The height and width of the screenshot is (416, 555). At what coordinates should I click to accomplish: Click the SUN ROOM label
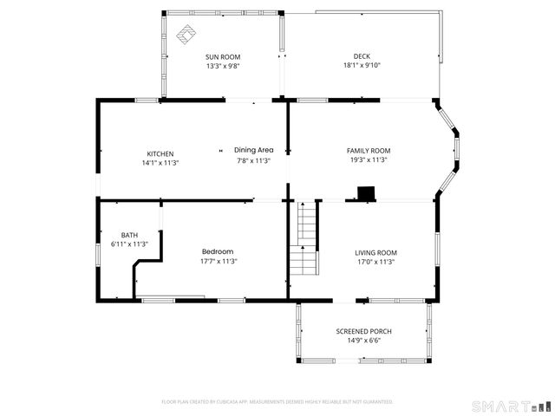(x=223, y=56)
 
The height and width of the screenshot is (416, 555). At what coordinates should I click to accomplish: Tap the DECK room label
(x=362, y=56)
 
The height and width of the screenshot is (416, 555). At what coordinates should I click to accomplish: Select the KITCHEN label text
(x=160, y=153)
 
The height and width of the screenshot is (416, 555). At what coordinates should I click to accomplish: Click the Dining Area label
(x=253, y=150)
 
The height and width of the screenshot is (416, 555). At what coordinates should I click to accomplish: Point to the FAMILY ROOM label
(x=368, y=151)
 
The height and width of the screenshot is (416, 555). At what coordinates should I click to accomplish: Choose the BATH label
(x=129, y=235)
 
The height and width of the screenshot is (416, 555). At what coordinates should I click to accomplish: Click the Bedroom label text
(x=219, y=252)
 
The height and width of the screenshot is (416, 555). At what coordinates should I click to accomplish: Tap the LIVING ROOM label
(x=375, y=252)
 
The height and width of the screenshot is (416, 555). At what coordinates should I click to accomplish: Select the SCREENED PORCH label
(x=363, y=332)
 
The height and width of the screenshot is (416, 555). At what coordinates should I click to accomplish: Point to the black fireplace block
(x=367, y=192)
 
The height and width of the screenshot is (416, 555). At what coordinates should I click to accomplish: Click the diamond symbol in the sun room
(x=185, y=36)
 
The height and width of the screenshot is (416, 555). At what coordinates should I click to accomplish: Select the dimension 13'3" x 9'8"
(x=223, y=65)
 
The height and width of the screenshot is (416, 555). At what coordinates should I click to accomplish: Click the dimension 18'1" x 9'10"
(x=362, y=65)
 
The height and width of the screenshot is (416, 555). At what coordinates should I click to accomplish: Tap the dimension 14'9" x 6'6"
(x=363, y=341)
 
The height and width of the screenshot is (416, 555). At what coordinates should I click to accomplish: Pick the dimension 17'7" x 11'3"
(x=219, y=261)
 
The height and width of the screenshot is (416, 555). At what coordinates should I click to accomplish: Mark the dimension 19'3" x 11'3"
(x=368, y=159)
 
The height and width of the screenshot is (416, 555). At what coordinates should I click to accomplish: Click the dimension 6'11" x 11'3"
(x=129, y=244)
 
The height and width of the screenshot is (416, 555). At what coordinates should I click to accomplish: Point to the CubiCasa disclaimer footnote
(x=277, y=401)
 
